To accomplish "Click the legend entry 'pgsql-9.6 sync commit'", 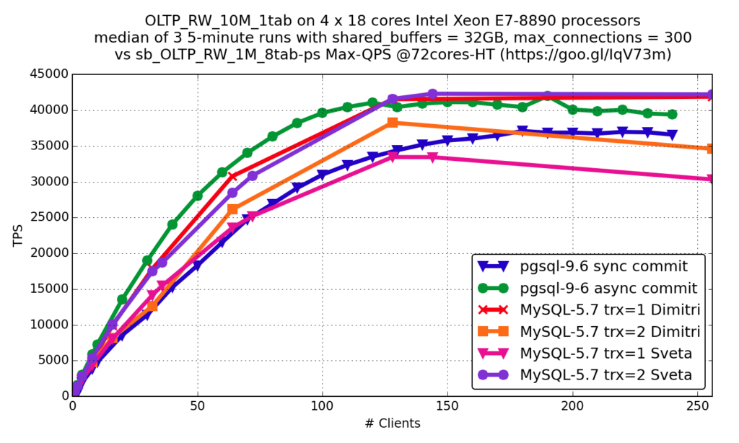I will click(x=603, y=266).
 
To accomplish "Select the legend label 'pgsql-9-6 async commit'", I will click(x=608, y=289).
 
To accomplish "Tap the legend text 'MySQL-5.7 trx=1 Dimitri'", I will click(x=610, y=310).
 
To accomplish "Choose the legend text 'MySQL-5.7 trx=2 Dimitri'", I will click(x=610, y=332).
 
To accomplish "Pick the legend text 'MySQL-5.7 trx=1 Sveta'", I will click(x=605, y=354).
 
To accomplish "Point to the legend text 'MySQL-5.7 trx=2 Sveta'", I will click(x=605, y=375).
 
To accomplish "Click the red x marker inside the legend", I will click(x=493, y=310).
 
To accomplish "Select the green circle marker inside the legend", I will click(x=493, y=288).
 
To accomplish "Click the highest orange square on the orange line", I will click(x=393, y=123).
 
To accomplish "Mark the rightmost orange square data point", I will click(x=710, y=149).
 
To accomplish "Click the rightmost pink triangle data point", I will click(x=710, y=179).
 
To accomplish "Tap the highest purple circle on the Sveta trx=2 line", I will click(x=432, y=93).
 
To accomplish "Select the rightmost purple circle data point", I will click(x=710, y=95).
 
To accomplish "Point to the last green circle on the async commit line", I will click(x=673, y=115).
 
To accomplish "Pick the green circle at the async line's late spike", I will click(x=548, y=96).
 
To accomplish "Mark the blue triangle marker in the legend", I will click(x=493, y=266).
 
